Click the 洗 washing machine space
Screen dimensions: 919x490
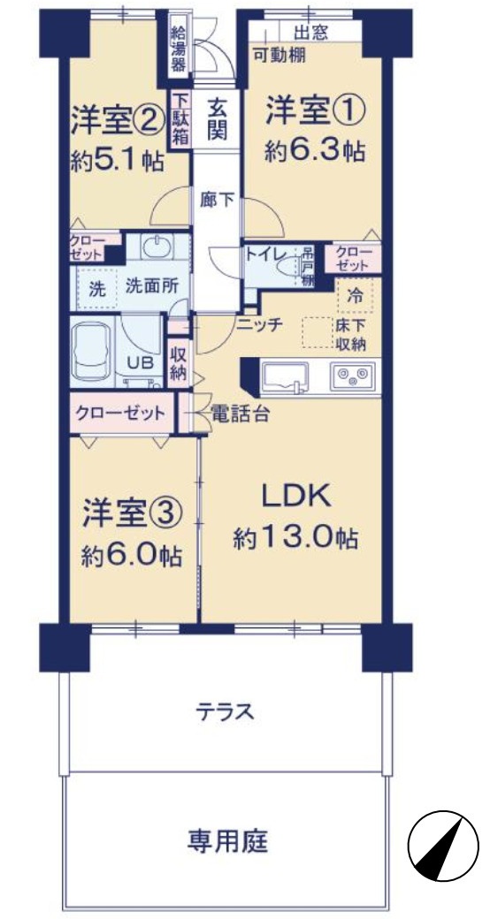click(96, 286)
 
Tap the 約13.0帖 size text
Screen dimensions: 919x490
click(295, 538)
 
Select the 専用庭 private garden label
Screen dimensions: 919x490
click(226, 840)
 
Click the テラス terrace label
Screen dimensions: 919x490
click(226, 710)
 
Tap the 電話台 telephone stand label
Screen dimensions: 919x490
click(239, 413)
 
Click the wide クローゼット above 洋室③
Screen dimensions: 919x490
click(120, 414)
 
